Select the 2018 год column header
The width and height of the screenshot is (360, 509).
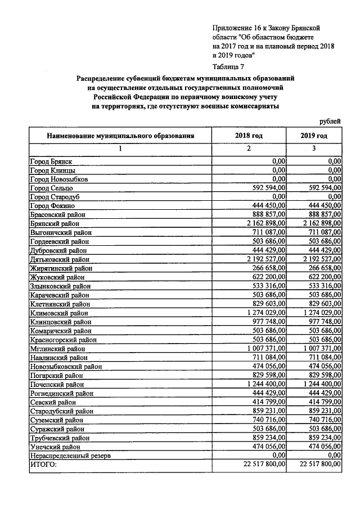coord(249,136)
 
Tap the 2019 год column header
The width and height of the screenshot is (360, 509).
coord(314,136)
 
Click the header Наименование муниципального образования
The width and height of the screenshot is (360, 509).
coord(120,136)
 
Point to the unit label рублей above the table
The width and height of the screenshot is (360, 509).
coord(330,122)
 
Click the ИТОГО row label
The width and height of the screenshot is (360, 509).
coord(43,465)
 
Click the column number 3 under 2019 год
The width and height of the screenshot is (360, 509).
coord(314,148)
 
